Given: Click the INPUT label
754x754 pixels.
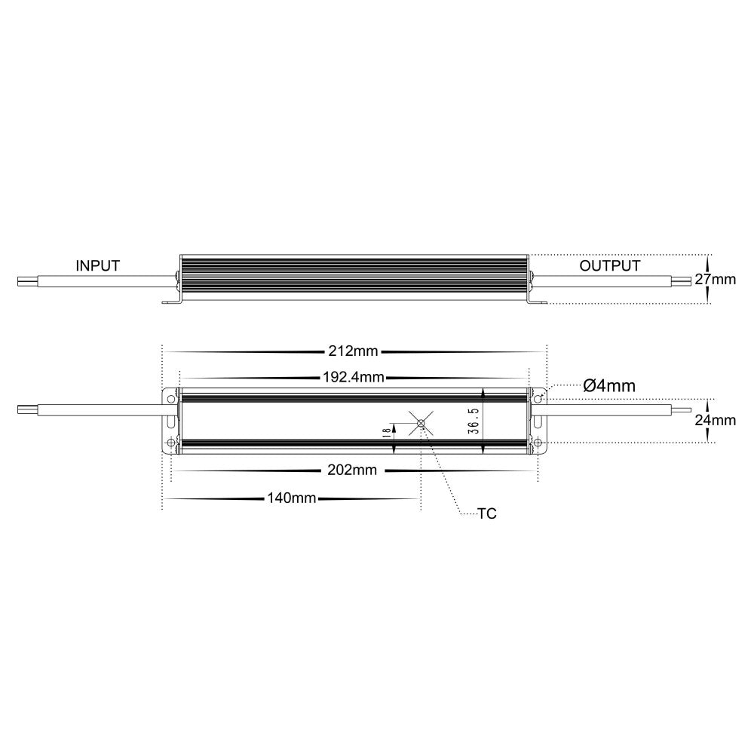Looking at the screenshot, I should pos(97,265).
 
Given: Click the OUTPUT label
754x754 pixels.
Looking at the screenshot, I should pos(609,265).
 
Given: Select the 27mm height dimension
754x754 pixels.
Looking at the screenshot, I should pos(714,280).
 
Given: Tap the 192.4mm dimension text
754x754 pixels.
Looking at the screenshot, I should pos(354,378).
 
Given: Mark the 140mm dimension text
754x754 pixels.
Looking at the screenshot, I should pos(291,498).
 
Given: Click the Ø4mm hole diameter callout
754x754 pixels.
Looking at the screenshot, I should pos(609,386).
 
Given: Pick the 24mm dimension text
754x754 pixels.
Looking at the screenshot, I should pos(715,421).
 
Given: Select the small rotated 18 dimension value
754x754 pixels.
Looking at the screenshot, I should pos(385,432).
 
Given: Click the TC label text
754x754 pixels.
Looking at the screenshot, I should pos(487,514).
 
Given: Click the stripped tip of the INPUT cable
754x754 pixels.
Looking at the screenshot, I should pos(27,280).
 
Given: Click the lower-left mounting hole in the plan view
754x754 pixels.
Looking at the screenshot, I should pos(170,442).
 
